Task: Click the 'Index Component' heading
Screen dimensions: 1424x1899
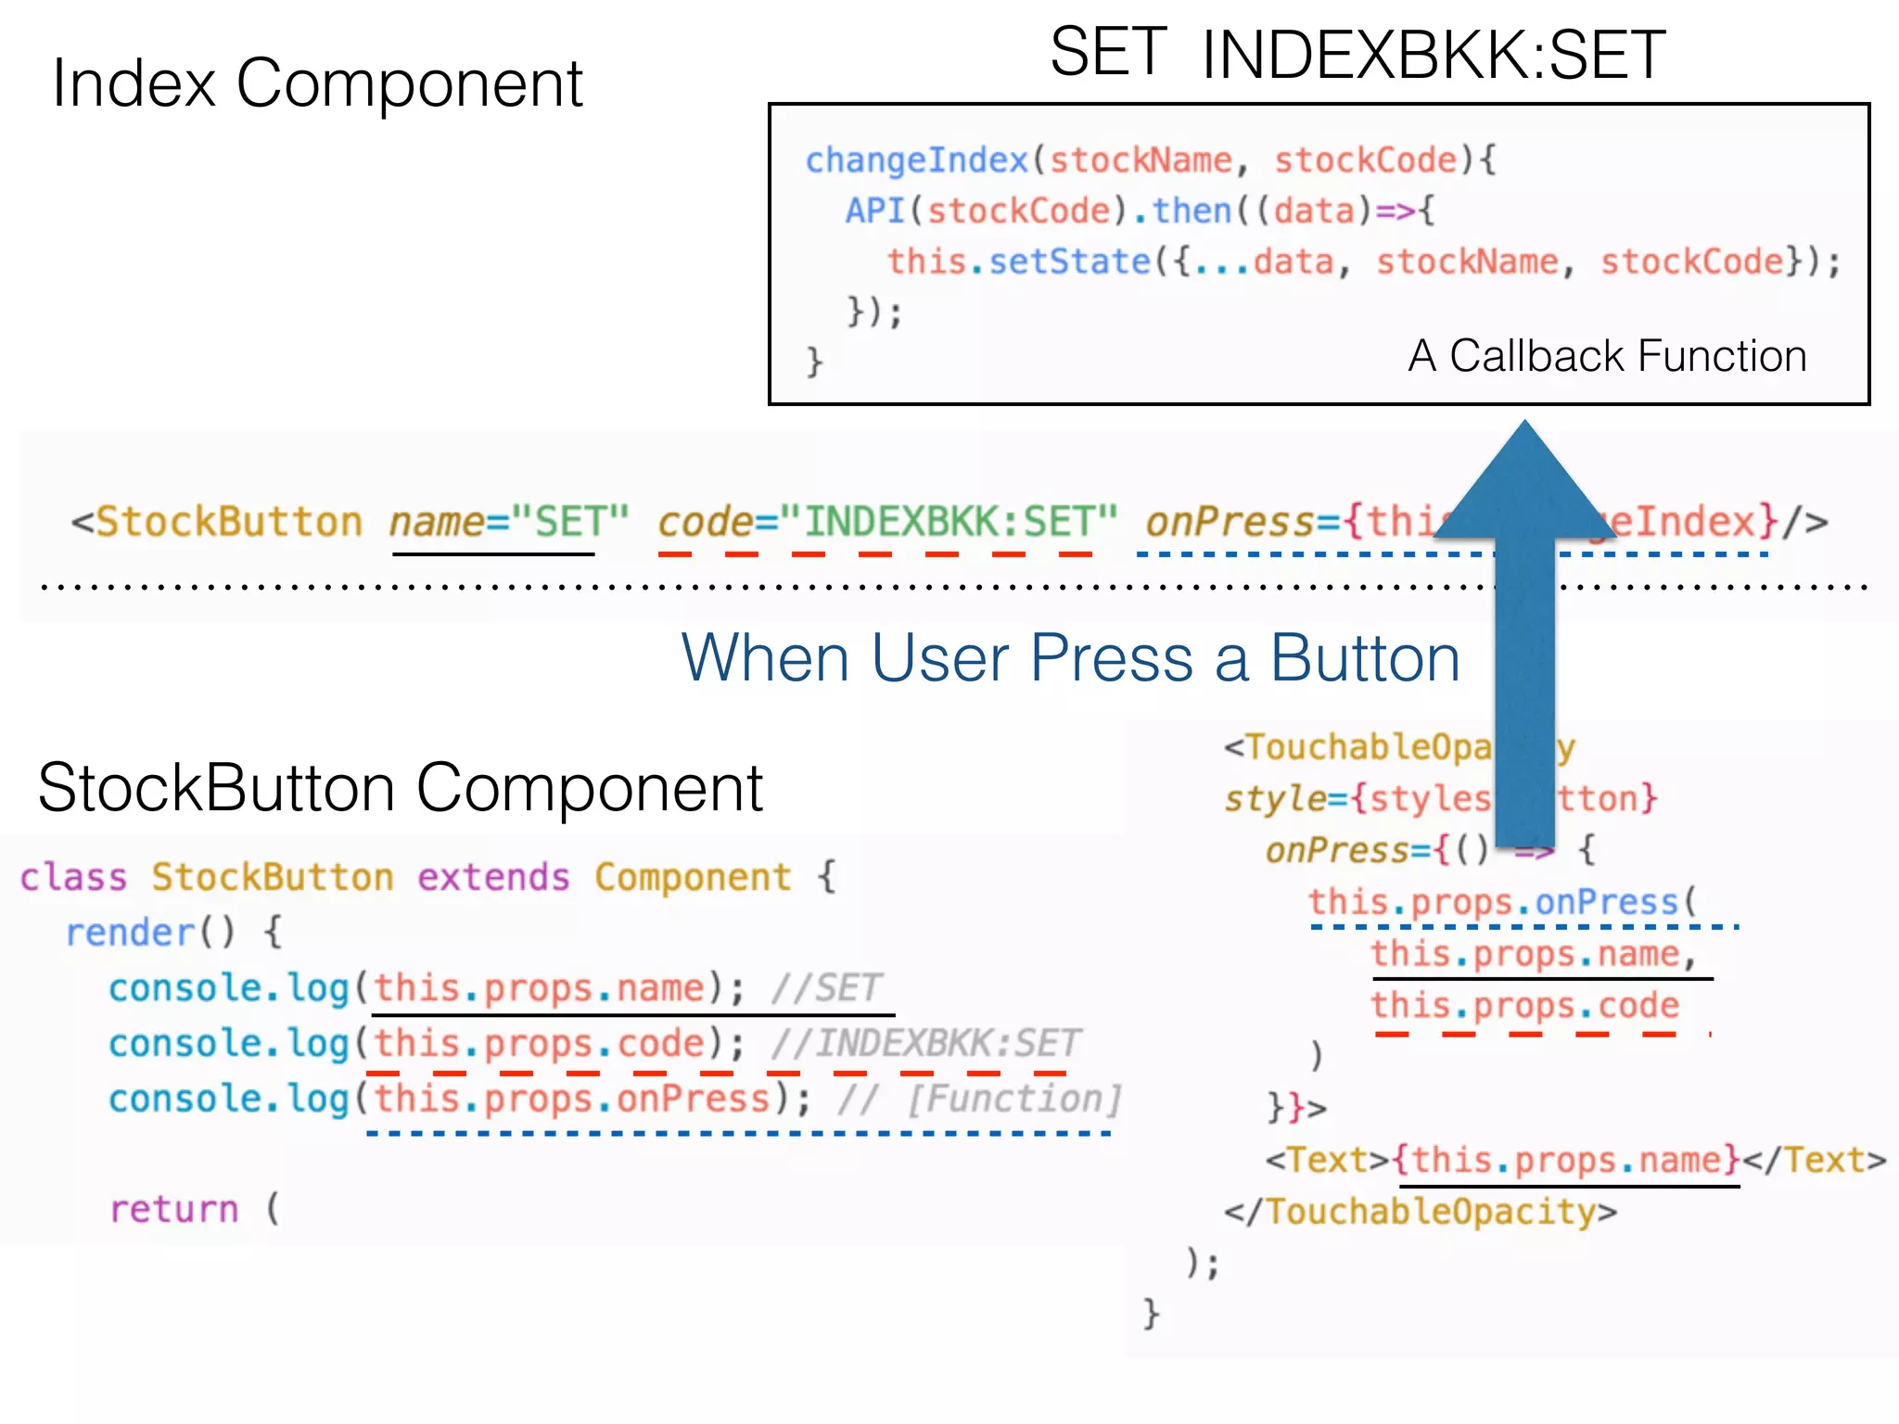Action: click(x=317, y=84)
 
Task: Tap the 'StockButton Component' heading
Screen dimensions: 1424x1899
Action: click(x=400, y=789)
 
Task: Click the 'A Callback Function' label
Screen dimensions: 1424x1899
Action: click(x=1607, y=356)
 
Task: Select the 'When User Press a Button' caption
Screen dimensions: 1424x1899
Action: click(x=1070, y=658)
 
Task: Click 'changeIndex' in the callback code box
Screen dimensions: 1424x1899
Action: click(x=916, y=160)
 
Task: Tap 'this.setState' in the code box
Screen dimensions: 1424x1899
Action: click(x=1018, y=261)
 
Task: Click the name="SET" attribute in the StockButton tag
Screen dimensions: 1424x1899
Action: click(x=508, y=522)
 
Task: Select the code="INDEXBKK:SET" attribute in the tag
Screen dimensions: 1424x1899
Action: click(x=887, y=522)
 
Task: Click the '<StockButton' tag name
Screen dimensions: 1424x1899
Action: click(x=217, y=522)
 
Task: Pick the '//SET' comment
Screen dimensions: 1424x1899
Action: click(x=825, y=988)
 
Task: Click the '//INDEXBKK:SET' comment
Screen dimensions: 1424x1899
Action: click(x=924, y=1044)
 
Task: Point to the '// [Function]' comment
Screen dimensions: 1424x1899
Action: click(x=978, y=1100)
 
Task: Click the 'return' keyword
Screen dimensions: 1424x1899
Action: click(x=174, y=1210)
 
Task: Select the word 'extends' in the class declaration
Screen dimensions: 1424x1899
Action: click(x=493, y=877)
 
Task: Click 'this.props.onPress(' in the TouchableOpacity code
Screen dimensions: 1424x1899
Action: click(x=1502, y=902)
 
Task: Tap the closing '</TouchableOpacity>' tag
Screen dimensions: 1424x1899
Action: click(x=1420, y=1213)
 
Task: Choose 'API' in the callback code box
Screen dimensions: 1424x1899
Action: click(x=874, y=211)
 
